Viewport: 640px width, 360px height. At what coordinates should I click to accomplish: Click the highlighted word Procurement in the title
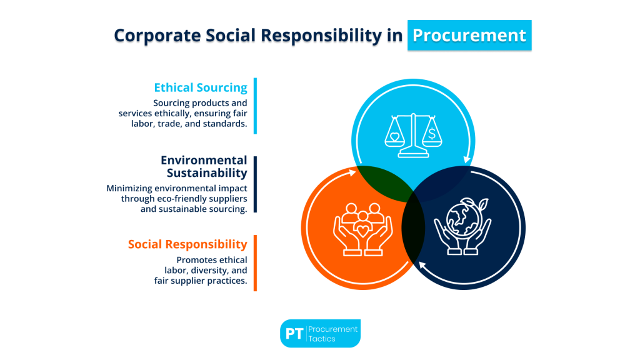(x=469, y=35)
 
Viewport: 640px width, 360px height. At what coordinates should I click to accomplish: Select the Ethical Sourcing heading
(x=201, y=87)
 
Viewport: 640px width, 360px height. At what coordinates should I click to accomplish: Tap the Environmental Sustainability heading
(x=204, y=166)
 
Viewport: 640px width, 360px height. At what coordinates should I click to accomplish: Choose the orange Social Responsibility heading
(x=187, y=244)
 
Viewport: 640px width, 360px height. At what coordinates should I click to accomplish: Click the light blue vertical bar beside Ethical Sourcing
(x=255, y=106)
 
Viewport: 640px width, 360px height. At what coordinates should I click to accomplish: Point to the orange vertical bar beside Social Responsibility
(x=255, y=263)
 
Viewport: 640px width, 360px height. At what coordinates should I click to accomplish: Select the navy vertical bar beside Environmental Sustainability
(x=255, y=184)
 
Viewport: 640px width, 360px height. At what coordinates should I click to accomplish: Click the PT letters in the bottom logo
(x=294, y=334)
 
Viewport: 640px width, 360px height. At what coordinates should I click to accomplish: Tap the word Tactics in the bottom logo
(x=322, y=339)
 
